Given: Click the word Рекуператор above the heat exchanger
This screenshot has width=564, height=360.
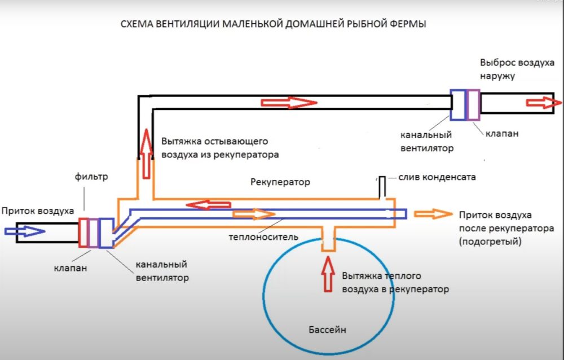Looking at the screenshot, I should [x=280, y=183].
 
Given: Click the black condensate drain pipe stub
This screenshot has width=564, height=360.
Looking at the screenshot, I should [x=382, y=186].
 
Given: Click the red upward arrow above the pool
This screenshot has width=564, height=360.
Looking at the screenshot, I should [x=328, y=273].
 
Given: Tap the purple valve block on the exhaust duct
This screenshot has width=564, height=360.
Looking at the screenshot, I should [x=473, y=105].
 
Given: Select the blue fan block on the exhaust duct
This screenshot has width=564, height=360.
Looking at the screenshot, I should [x=457, y=105].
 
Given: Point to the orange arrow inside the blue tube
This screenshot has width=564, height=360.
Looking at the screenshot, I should [x=253, y=214].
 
